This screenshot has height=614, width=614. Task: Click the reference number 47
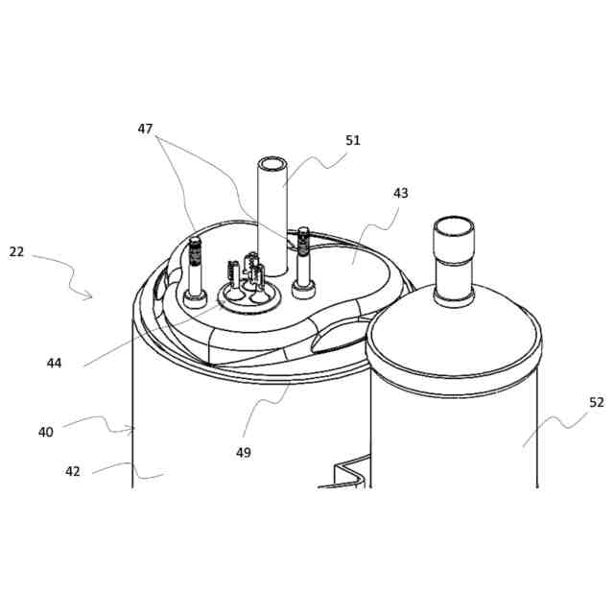[x=145, y=129]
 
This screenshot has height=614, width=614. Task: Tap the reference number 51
[x=353, y=140]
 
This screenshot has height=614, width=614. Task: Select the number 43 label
[x=400, y=193]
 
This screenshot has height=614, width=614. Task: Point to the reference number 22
[x=16, y=251]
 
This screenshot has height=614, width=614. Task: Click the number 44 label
[x=54, y=363]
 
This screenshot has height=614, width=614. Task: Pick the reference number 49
[x=244, y=452]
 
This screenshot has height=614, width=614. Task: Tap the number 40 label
[x=46, y=432]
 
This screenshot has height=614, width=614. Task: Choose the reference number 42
[x=73, y=471]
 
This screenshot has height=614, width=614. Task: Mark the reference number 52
[x=597, y=403]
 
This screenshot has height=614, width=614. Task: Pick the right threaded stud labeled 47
[x=305, y=254]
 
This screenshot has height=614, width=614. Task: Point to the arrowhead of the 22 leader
[x=91, y=297]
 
